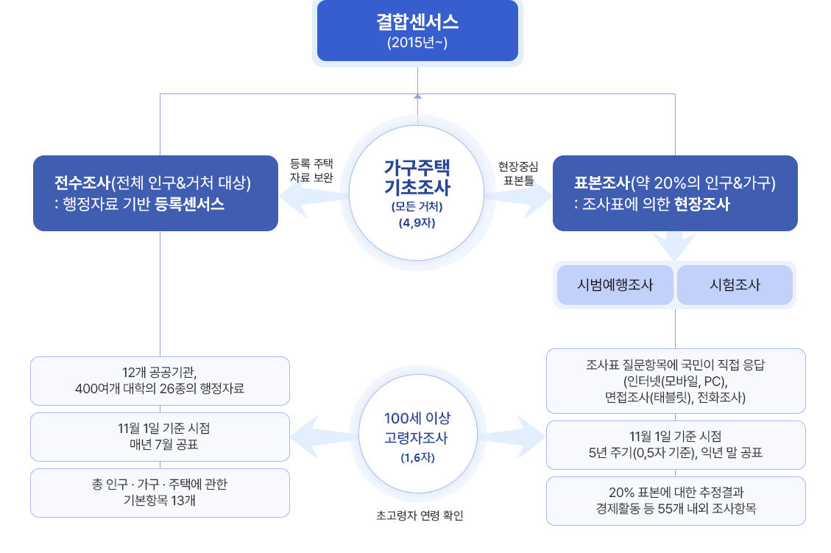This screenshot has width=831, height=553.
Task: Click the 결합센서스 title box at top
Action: coord(417,22)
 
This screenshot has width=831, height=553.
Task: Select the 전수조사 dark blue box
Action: coord(155,193)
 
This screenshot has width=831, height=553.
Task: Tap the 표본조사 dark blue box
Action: coord(675,193)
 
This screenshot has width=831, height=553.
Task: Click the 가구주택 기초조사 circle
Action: coord(417,193)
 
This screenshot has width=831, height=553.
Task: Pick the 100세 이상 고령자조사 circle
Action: coord(417,437)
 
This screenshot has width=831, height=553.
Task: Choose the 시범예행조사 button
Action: coord(615,285)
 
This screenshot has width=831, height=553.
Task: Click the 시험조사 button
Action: coord(735,285)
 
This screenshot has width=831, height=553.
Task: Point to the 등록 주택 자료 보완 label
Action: coord(312,170)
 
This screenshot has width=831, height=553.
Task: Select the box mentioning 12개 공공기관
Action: coord(160,381)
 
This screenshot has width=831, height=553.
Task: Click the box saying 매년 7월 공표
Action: coord(160,437)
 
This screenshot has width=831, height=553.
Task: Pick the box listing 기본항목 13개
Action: coord(160,493)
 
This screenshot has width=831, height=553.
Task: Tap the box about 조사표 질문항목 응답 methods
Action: coord(675,381)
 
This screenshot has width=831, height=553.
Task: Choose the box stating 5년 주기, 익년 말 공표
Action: coord(675,445)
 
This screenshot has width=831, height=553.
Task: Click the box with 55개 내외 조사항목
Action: coord(675,501)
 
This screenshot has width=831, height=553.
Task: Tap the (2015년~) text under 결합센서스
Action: coord(417,43)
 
